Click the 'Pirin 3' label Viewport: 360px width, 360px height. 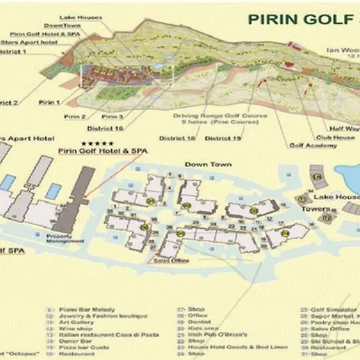(112, 117)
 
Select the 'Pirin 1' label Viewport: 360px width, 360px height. (50, 103)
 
